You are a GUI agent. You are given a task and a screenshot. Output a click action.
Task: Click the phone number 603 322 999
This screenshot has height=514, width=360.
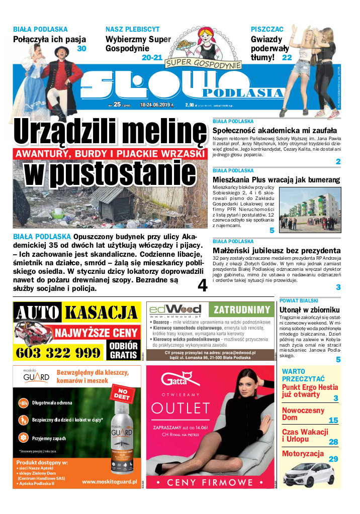click(x=58, y=352)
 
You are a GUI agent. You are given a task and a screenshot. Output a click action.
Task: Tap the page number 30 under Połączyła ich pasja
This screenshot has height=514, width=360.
click(x=81, y=49)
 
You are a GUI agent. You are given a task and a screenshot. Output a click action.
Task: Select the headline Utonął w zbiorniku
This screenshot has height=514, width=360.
click(x=309, y=310)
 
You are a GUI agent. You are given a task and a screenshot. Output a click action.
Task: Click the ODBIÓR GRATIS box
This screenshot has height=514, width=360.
click(x=123, y=350)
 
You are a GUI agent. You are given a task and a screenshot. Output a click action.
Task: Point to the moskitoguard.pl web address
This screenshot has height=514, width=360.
click(x=110, y=481)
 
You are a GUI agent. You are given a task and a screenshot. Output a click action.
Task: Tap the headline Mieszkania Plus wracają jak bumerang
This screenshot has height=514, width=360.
click(x=276, y=180)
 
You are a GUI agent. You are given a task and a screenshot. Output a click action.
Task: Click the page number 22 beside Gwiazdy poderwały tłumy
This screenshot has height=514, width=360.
click(x=287, y=58)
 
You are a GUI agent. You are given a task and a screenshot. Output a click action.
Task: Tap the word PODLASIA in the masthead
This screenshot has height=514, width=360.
click(x=242, y=92)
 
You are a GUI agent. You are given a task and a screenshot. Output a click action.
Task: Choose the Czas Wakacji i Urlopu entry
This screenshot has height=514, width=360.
click(x=305, y=436)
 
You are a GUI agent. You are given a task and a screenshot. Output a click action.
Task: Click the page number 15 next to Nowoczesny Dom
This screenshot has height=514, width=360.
click(x=333, y=421)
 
